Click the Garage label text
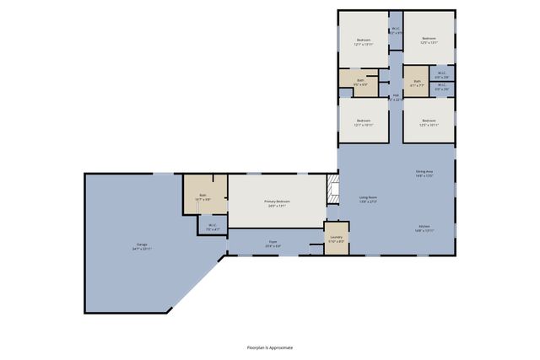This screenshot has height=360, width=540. (137, 247)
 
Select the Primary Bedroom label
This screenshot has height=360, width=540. (276, 203)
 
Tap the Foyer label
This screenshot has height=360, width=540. (273, 243)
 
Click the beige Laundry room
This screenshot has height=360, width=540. (336, 238)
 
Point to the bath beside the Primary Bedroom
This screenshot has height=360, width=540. (203, 197)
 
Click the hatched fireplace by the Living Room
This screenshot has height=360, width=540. (332, 191)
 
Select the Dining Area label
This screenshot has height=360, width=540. (424, 175)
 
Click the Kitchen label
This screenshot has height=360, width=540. (424, 228)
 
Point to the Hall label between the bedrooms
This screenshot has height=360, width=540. (395, 97)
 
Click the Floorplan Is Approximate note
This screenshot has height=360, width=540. (270, 347)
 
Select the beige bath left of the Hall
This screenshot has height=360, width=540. (360, 83)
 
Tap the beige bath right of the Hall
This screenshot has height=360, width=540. (416, 83)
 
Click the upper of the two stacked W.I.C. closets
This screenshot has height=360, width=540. (442, 74)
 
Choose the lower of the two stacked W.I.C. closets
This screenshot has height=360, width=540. (442, 88)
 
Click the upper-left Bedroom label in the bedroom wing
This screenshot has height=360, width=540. (364, 40)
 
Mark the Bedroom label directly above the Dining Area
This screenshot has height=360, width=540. (429, 122)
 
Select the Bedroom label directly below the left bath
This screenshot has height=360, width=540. (364, 122)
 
